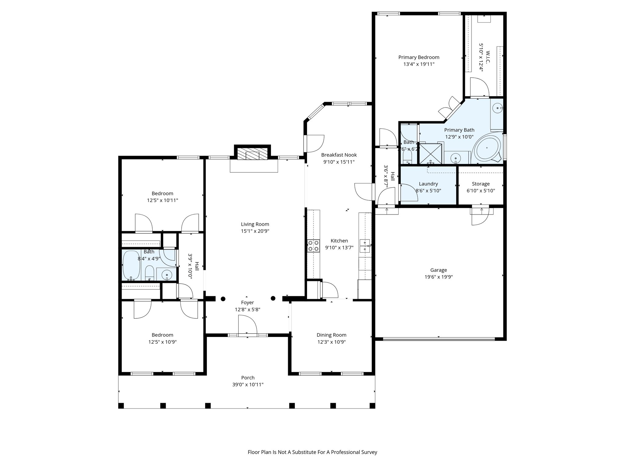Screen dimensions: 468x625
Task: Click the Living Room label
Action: tap(255, 224)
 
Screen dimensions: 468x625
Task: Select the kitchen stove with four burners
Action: tap(313, 246)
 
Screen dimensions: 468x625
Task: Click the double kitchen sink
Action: tap(365, 246)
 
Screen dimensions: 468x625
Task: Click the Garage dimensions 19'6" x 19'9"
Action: tap(439, 277)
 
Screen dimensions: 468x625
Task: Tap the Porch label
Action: tap(247, 378)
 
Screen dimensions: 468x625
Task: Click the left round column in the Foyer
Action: tap(223, 299)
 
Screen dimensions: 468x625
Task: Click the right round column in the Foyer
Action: tap(273, 298)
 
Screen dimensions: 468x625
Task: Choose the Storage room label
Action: tap(481, 184)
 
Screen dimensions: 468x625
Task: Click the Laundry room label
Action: tap(428, 184)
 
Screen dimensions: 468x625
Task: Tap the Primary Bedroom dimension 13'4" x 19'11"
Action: tap(419, 64)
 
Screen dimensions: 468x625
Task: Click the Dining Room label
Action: tap(331, 335)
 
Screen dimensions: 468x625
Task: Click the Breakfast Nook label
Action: tap(339, 155)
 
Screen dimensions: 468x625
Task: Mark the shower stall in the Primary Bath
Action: tap(431, 154)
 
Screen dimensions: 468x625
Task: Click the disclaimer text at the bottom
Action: tap(312, 452)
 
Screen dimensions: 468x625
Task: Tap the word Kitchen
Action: tap(339, 241)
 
